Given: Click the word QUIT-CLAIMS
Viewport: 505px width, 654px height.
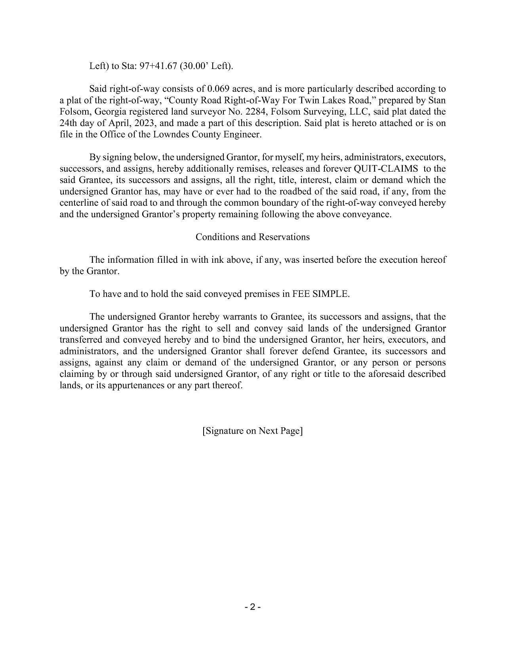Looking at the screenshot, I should coord(386,169).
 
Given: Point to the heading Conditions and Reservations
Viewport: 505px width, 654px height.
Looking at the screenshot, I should coord(252,237).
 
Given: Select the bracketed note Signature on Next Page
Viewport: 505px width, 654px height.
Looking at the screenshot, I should coord(252,431).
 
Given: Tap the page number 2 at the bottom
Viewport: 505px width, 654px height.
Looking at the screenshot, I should coord(252,607).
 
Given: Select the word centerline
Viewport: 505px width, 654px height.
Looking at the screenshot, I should coord(77,203).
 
